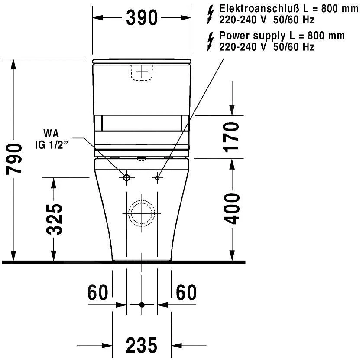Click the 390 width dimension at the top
pyautogui.click(x=142, y=18)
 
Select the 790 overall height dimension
pyautogui.click(x=16, y=158)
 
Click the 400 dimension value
pyautogui.click(x=233, y=209)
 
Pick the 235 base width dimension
pyautogui.click(x=142, y=345)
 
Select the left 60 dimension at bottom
pyautogui.click(x=98, y=293)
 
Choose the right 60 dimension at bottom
pyautogui.click(x=186, y=293)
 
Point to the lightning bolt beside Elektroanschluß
pyautogui.click(x=211, y=13)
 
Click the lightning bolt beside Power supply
pyautogui.click(x=211, y=41)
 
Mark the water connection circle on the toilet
pyautogui.click(x=126, y=177)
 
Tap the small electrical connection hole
pyautogui.click(x=157, y=177)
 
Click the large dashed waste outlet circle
pyautogui.click(x=142, y=213)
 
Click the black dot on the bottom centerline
pyautogui.click(x=142, y=305)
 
